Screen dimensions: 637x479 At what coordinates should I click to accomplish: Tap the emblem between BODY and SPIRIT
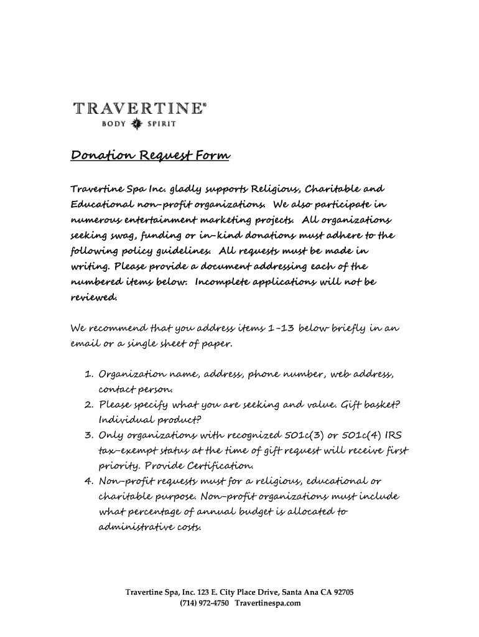pos(137,124)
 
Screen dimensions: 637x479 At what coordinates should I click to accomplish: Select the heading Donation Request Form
pos(149,156)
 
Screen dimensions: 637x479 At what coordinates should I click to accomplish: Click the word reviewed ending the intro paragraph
pos(93,297)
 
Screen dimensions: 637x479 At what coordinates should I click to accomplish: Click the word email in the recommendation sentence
pos(85,343)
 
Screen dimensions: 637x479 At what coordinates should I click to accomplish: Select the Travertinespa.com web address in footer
pos(267,603)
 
